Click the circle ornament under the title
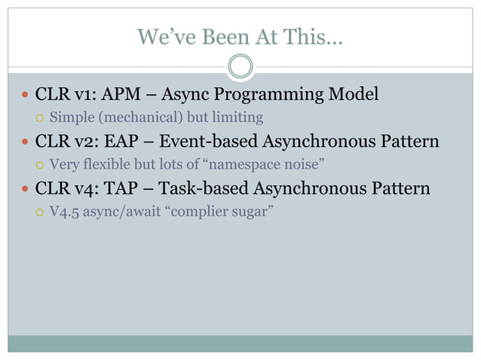[x=240, y=67]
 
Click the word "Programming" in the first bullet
[x=275, y=95]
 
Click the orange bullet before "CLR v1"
[x=26, y=96]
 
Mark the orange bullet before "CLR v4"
[x=26, y=189]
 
